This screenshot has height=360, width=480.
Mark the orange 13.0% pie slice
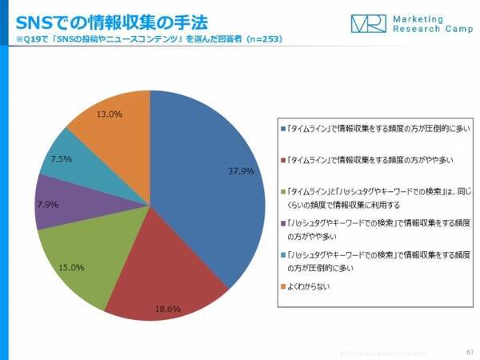point(112,128)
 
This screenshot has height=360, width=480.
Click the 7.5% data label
point(62,159)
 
